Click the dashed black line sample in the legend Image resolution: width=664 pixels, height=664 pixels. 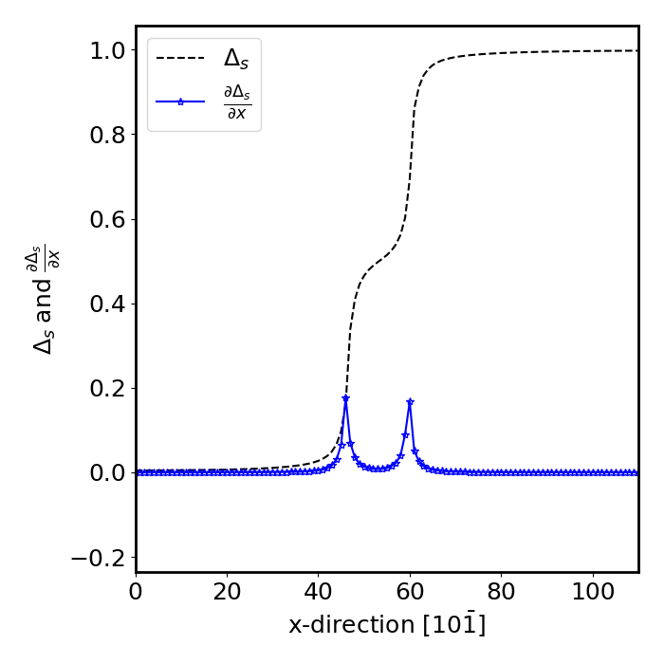(180, 59)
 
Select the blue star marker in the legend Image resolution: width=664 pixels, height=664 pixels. (180, 101)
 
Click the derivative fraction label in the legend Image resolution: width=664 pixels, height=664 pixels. (236, 101)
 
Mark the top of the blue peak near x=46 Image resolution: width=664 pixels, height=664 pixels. (345, 398)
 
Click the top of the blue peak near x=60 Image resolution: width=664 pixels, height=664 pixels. (410, 402)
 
